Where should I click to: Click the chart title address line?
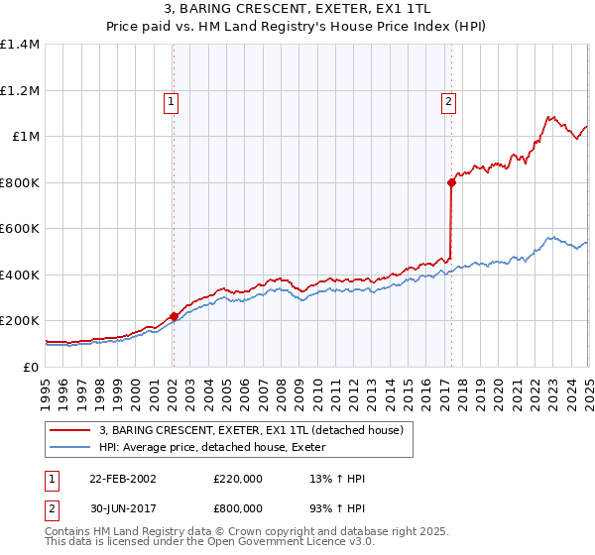pyautogui.click(x=297, y=9)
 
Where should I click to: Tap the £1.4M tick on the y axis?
pyautogui.click(x=20, y=45)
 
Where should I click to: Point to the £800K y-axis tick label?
pyautogui.click(x=20, y=182)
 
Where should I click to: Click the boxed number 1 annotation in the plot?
pyautogui.click(x=172, y=100)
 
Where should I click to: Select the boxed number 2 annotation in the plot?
pyautogui.click(x=449, y=100)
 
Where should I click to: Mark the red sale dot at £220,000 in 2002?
pyautogui.click(x=174, y=316)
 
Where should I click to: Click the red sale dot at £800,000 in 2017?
pyautogui.click(x=451, y=182)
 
